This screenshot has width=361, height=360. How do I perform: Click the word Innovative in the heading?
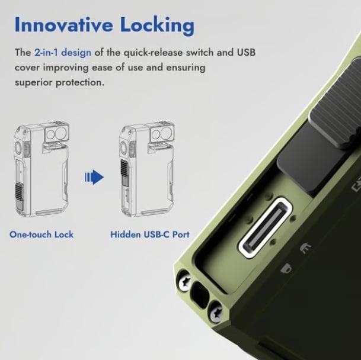point(63,25)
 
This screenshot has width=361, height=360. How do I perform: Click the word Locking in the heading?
point(157,27)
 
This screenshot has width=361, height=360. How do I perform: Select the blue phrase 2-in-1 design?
point(63,53)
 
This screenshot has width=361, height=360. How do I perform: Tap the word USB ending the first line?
point(246,52)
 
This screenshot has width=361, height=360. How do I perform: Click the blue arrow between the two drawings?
point(94,177)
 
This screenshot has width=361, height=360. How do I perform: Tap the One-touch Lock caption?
point(41,234)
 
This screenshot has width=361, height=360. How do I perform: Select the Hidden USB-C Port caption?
point(150,234)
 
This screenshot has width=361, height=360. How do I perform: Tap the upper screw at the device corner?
point(185,281)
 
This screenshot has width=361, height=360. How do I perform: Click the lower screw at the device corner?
point(216,312)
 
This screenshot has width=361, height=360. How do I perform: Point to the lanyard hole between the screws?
point(200,295)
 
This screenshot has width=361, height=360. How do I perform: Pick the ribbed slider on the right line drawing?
point(125,172)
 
